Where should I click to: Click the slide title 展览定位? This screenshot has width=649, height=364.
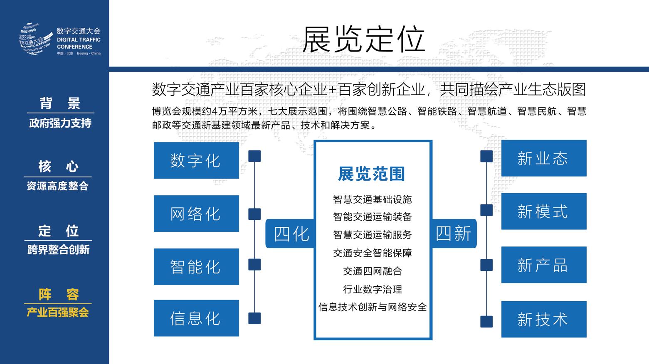(363, 39)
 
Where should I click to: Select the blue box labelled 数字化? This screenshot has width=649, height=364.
(196, 160)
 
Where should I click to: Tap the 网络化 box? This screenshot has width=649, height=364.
(196, 214)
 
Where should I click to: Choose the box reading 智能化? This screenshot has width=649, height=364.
(196, 267)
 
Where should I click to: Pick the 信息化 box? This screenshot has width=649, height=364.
(196, 318)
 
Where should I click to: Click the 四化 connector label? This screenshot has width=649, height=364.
(291, 234)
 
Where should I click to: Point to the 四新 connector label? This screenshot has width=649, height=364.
(454, 234)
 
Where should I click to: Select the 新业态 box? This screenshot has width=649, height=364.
(543, 158)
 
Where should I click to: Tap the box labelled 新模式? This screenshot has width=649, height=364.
(543, 212)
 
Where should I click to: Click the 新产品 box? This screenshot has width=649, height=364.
(543, 265)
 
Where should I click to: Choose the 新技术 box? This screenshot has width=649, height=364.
(543, 320)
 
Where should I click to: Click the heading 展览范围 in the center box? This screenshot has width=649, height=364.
(371, 174)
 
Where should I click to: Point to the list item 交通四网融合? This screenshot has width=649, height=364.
(373, 271)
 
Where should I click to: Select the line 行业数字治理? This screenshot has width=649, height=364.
(373, 289)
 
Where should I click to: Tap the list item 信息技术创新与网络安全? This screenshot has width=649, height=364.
(373, 307)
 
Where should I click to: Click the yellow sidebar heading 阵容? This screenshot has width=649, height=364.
(59, 294)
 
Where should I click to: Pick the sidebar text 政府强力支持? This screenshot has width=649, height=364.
(60, 123)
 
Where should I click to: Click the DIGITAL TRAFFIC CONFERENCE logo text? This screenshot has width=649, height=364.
(79, 43)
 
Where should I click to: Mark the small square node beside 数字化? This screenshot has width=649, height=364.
(254, 156)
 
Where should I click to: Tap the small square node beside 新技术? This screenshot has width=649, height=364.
(486, 322)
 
